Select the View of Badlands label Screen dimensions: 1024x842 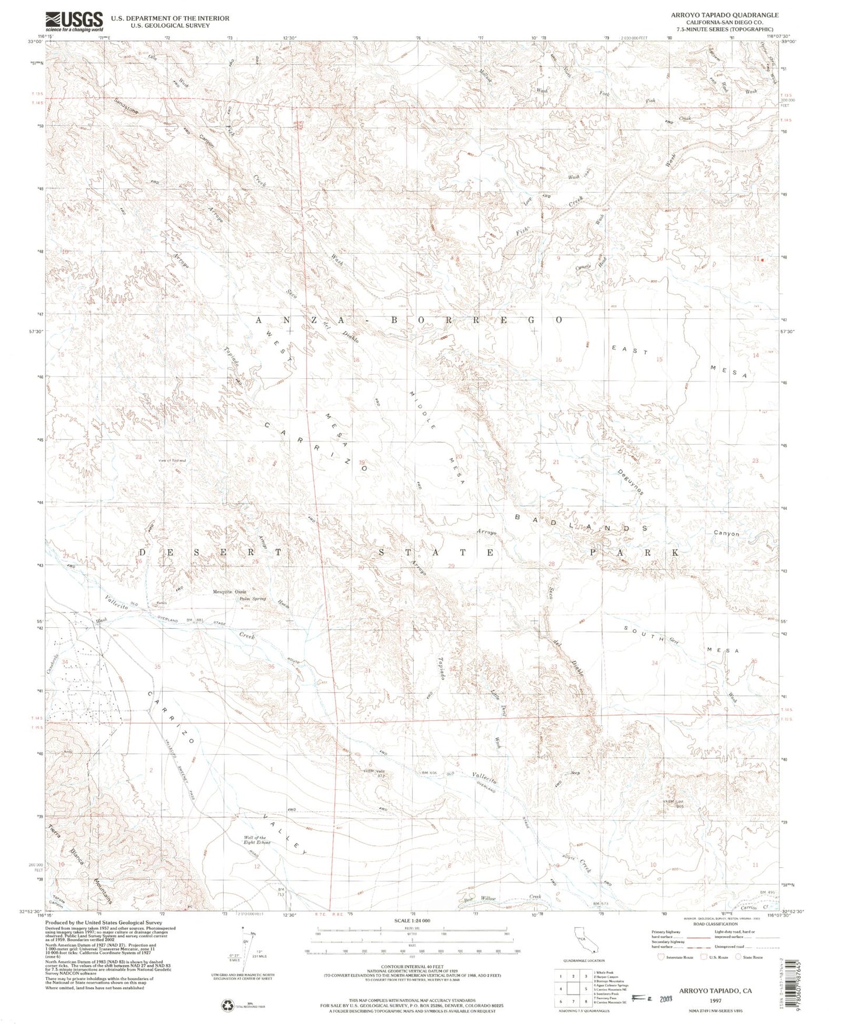[x=172, y=460]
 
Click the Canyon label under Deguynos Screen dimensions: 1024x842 [x=725, y=533]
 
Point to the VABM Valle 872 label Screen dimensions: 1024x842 [x=375, y=773]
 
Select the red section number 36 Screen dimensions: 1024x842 [x=271, y=667]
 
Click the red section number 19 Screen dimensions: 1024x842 [x=361, y=463]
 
